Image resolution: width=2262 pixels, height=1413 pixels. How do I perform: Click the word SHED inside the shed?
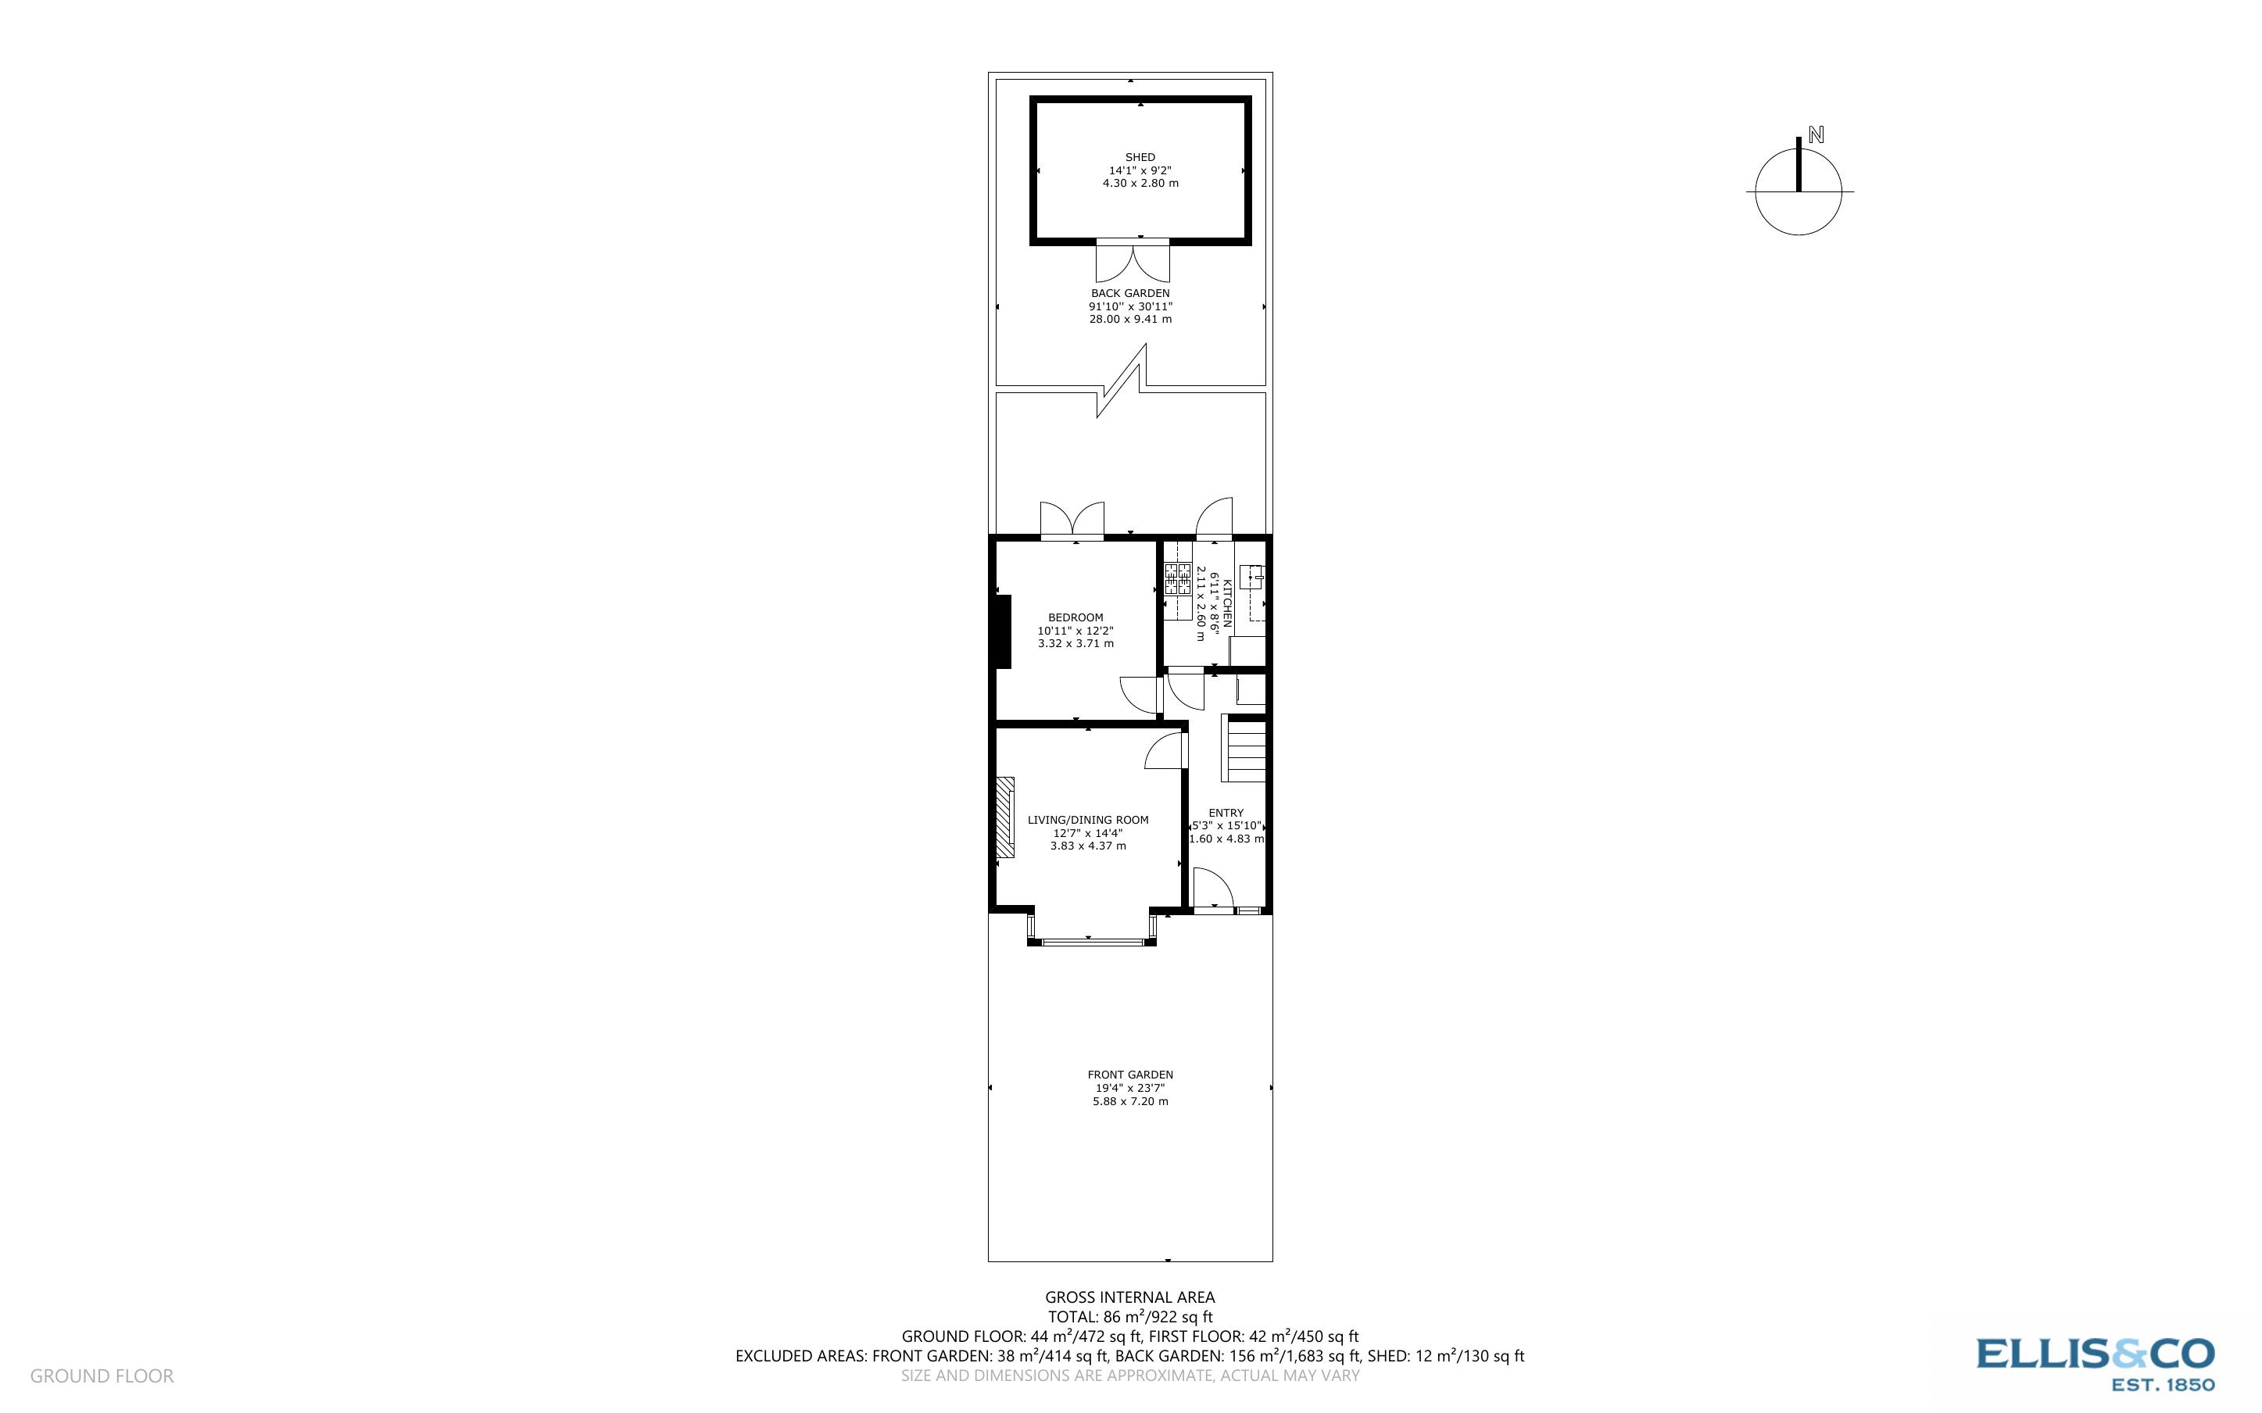1140,157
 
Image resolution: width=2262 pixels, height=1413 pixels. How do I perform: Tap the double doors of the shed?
1133,262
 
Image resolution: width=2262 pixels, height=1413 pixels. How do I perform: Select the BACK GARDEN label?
1129,293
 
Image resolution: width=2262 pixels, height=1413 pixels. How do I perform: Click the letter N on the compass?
1816,134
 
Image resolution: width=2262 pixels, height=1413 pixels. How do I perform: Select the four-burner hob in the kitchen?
1177,579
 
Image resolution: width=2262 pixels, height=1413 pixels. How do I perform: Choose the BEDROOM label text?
1076,617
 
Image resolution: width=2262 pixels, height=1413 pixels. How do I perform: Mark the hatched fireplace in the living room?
1004,817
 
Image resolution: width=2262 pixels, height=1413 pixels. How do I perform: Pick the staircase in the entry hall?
1244,749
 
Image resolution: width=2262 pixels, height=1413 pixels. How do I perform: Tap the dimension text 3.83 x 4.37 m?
1087,846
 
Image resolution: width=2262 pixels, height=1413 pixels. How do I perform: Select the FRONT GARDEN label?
1129,1075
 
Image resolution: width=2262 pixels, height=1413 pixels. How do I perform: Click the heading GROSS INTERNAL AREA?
1129,1297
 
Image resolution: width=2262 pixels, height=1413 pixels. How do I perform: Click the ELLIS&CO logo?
2095,1362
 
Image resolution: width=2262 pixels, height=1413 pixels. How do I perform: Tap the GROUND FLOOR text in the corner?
102,1375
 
